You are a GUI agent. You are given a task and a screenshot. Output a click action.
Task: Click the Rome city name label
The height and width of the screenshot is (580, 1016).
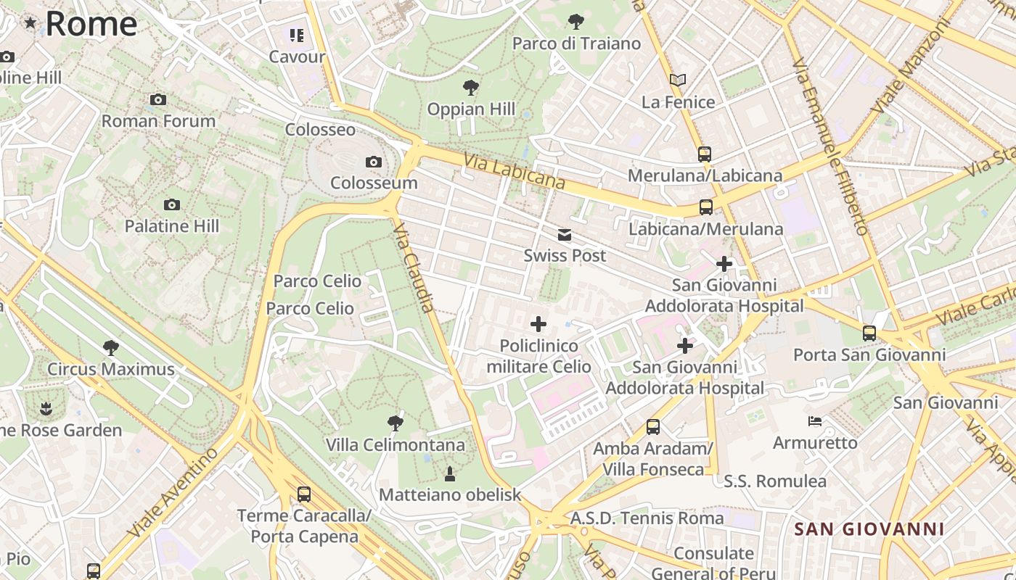91,23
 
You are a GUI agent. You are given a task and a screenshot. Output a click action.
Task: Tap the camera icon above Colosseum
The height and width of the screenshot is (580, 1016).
374,162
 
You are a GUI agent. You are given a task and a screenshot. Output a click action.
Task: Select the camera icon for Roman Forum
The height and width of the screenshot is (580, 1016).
158,99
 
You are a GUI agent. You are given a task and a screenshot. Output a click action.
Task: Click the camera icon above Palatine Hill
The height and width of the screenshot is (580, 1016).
172,204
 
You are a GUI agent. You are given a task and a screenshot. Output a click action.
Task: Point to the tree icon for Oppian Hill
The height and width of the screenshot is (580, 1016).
471,88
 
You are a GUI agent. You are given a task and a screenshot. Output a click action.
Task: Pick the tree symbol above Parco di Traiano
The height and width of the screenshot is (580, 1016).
576,22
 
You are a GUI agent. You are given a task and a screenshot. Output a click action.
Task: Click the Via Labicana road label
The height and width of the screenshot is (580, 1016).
515,172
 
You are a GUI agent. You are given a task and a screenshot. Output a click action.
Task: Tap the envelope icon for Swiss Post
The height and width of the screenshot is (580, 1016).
565,234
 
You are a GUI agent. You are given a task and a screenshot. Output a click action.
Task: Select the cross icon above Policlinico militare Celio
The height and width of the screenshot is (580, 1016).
538,324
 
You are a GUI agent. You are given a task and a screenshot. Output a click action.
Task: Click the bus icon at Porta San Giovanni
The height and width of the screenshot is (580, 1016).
869,333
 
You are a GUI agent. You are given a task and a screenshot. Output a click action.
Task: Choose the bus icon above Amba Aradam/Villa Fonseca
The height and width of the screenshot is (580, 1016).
653,427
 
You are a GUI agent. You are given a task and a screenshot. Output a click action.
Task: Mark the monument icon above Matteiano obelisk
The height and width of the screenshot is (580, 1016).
450,474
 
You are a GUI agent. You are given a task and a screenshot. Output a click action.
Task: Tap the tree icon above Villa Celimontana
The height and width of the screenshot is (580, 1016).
396,423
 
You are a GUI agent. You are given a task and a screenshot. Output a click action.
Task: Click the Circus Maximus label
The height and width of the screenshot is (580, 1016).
111,369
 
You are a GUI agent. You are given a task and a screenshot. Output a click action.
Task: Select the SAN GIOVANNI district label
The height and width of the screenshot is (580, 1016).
869,529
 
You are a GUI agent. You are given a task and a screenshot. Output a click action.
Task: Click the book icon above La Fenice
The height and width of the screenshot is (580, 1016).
678,80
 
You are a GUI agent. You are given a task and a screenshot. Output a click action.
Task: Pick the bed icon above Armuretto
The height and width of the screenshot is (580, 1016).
815,421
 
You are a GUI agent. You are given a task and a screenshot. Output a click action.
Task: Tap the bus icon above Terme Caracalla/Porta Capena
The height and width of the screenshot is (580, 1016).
304,494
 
